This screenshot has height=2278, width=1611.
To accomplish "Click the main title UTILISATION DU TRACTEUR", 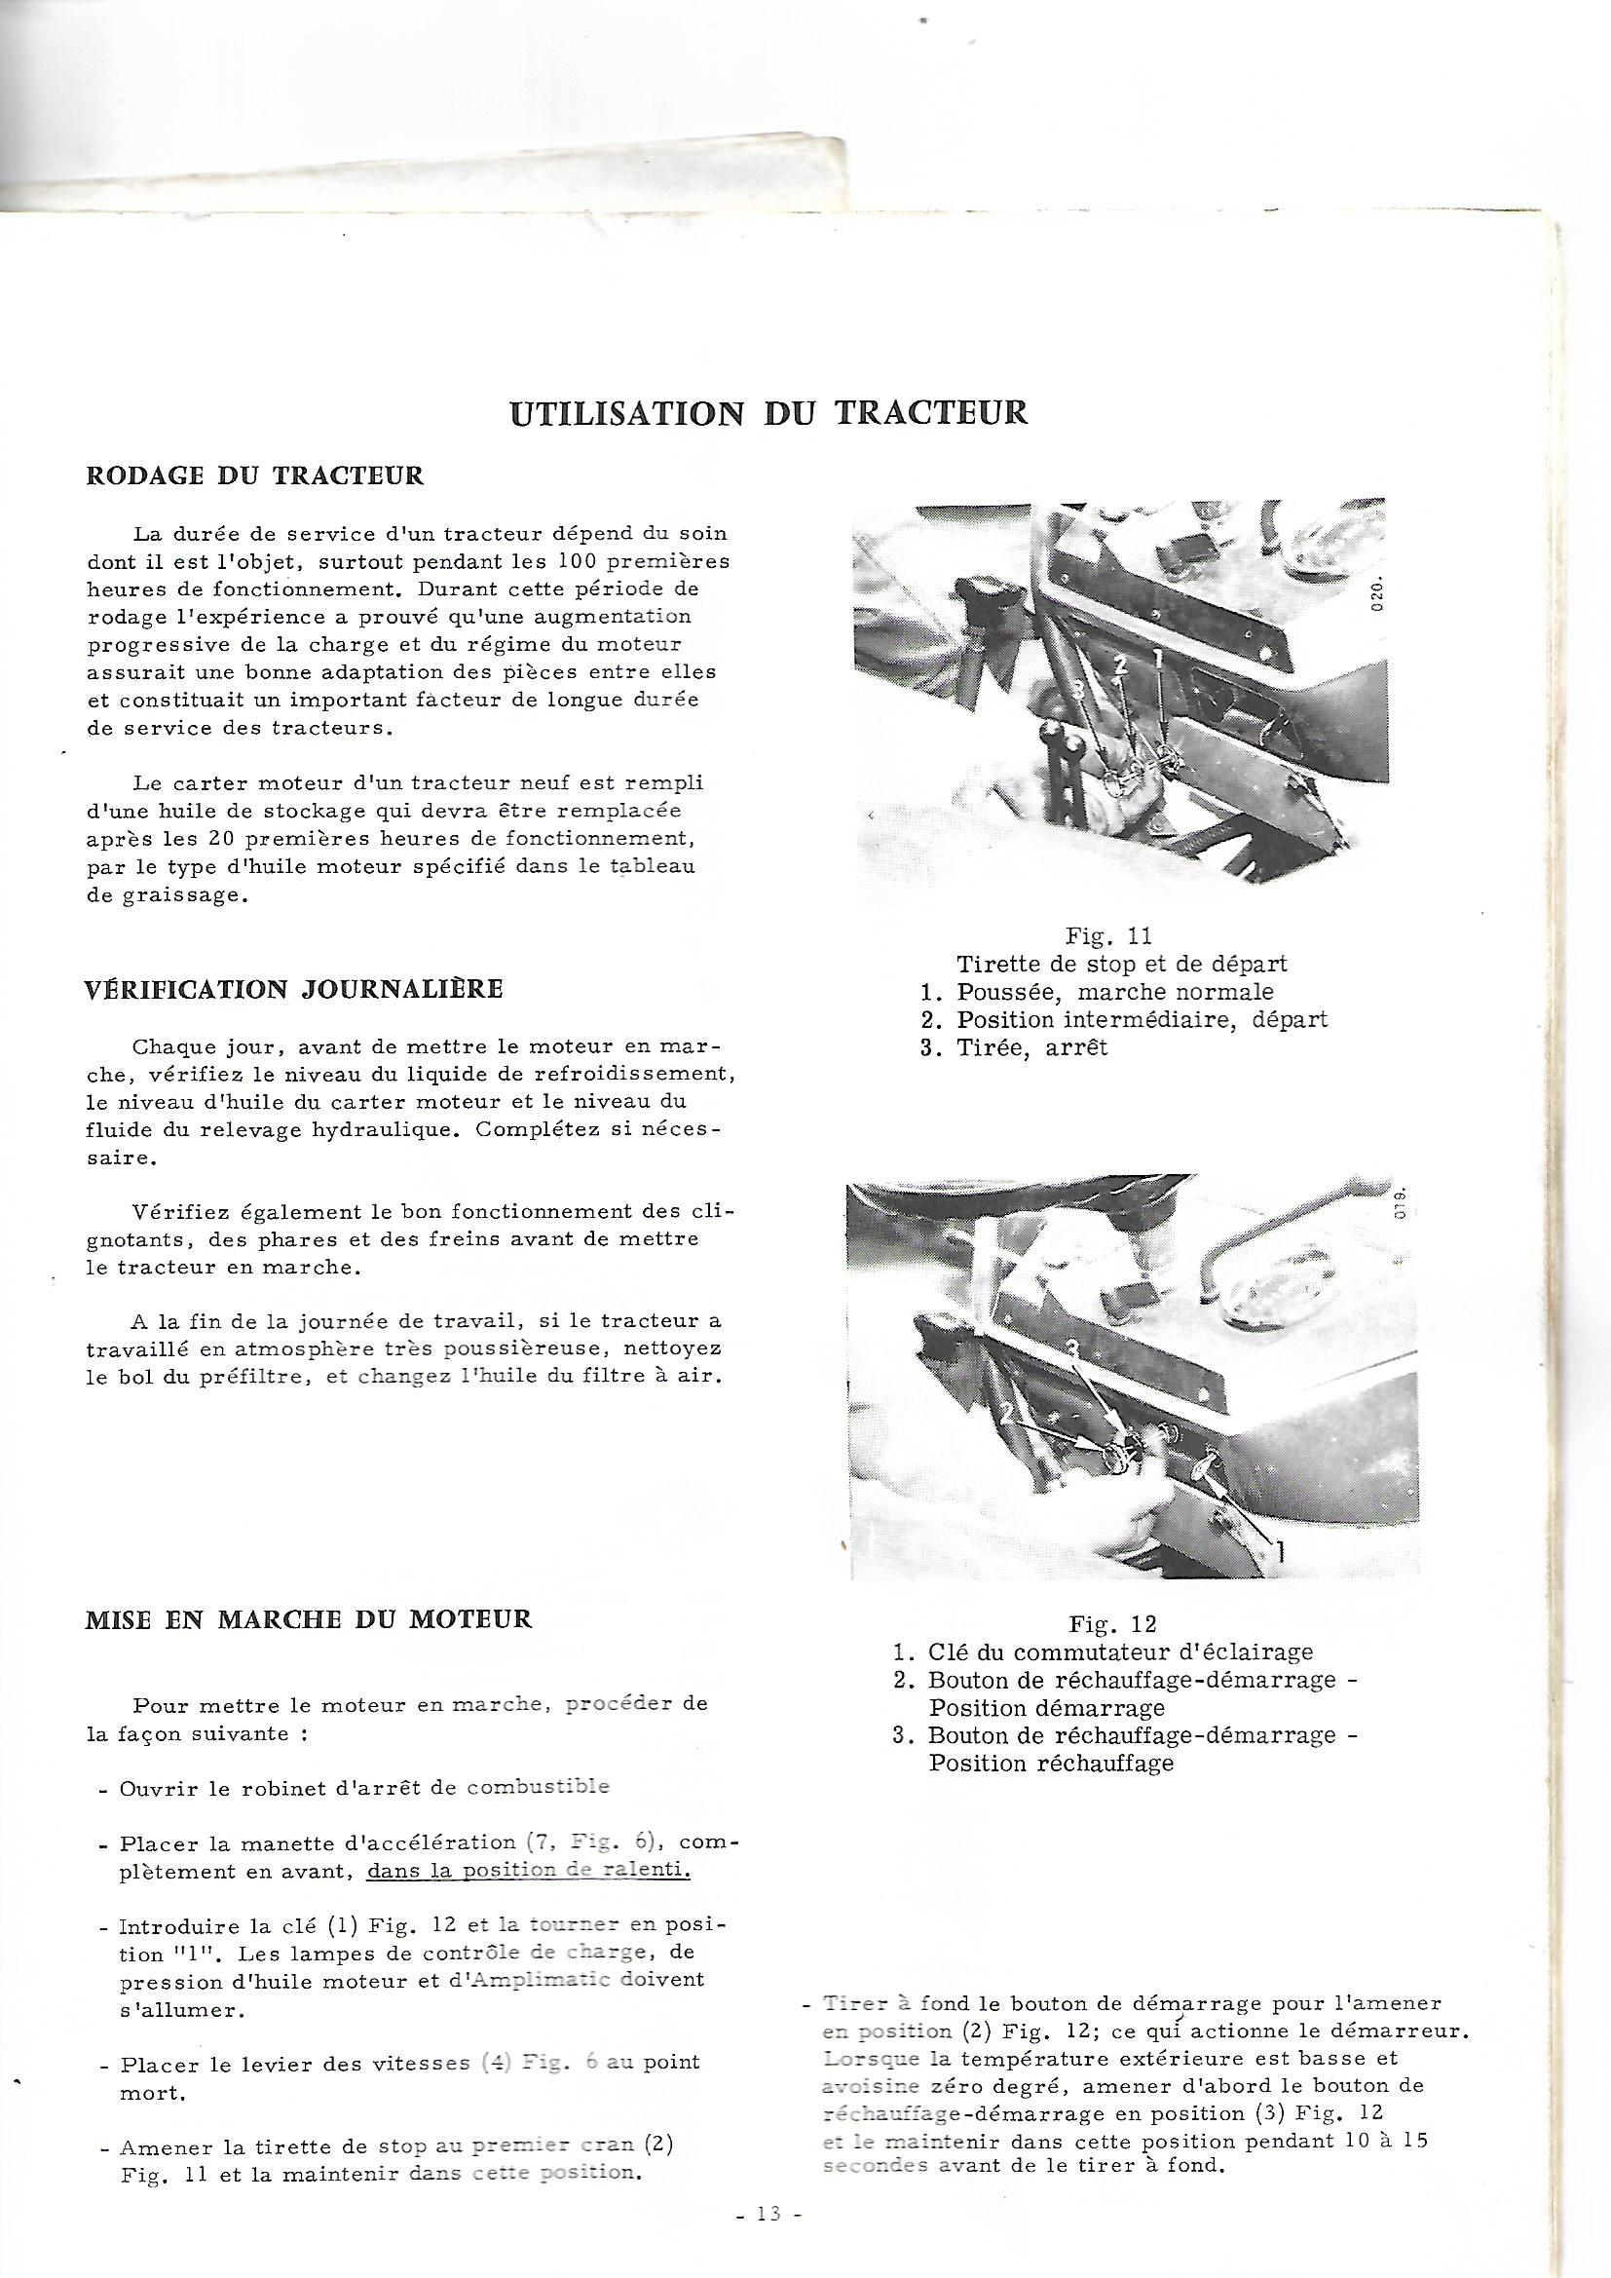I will [x=768, y=412].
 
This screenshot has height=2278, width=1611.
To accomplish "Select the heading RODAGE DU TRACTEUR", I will [x=256, y=476].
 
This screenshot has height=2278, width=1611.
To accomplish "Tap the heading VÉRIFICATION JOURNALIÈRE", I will [x=294, y=988].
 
